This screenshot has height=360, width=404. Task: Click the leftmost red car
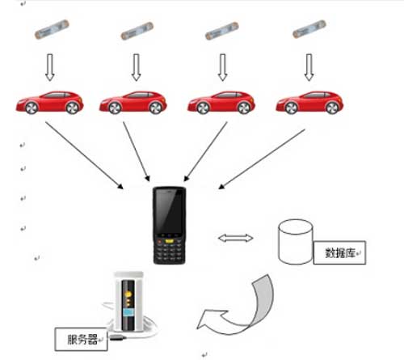pos(49,103)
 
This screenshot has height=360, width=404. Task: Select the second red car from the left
pos(134,103)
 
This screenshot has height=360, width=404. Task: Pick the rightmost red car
pos(309,103)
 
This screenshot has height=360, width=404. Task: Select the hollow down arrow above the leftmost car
pos(49,69)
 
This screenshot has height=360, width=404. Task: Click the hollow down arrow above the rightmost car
pos(308,69)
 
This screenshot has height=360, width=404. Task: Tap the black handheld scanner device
pos(170,226)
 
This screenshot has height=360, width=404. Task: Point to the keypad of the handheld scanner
pos(170,251)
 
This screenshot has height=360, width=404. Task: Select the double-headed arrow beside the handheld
pos(236,238)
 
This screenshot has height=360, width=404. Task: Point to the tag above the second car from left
pos(135,32)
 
